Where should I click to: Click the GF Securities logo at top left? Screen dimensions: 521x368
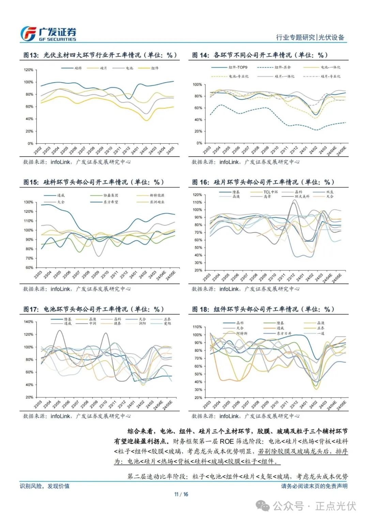48,34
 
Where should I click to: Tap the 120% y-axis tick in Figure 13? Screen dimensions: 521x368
29,70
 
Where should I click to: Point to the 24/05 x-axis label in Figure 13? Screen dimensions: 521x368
170,150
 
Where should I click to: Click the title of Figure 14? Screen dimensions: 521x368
260,55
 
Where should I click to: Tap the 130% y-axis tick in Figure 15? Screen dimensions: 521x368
29,202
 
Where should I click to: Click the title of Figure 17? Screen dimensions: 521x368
94,309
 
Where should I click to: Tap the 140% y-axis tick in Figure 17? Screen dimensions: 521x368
29,322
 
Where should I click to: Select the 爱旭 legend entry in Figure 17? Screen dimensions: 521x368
167,323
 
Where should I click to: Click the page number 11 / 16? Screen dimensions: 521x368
181,494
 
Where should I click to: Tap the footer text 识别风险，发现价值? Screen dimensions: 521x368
45,486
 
